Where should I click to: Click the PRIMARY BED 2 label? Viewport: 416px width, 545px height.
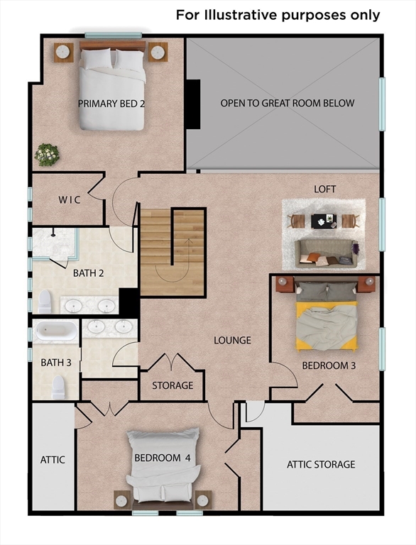pyautogui.click(x=111, y=104)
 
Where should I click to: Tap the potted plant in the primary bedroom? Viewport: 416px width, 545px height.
pyautogui.click(x=47, y=154)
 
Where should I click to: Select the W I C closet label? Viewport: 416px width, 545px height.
pyautogui.click(x=70, y=200)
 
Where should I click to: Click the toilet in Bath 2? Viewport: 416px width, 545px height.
pyautogui.click(x=45, y=302)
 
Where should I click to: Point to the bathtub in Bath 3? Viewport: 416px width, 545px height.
pyautogui.click(x=55, y=331)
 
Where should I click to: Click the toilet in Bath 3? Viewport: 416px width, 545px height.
pyautogui.click(x=58, y=386)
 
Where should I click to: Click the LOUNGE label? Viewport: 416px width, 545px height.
pyautogui.click(x=233, y=341)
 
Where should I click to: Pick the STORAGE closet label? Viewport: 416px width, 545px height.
pyautogui.click(x=173, y=385)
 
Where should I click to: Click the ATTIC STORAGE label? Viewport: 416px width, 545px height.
pyautogui.click(x=321, y=465)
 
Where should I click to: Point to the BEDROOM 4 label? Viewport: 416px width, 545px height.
pyautogui.click(x=163, y=458)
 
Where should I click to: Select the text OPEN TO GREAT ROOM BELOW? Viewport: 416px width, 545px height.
pyautogui.click(x=287, y=104)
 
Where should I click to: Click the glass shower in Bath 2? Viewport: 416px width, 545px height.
pyautogui.click(x=53, y=245)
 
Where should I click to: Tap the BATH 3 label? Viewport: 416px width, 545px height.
pyautogui.click(x=56, y=363)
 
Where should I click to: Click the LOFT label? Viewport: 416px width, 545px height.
pyautogui.click(x=325, y=189)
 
